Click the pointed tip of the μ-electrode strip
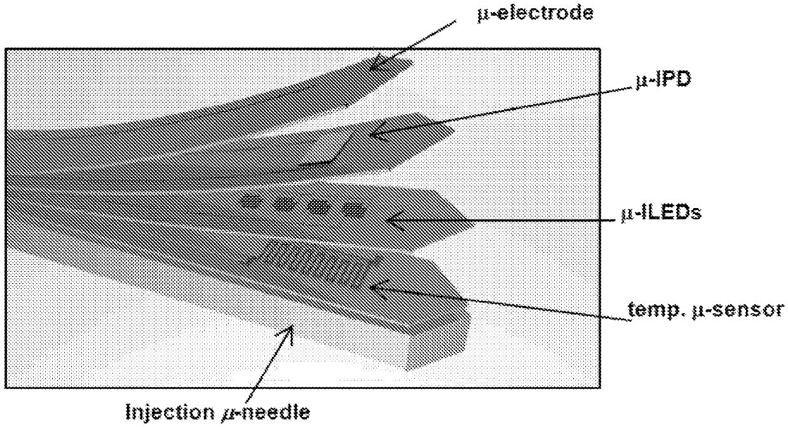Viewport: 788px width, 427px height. coord(412,62)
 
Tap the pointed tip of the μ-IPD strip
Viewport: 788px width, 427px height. coord(452,132)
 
